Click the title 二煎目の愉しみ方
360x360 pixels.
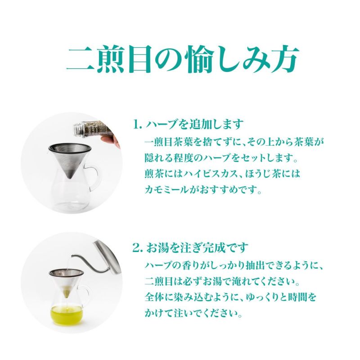point(183,59)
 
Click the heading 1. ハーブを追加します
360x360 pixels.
point(188,124)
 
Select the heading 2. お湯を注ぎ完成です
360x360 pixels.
point(190,247)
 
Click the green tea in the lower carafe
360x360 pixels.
point(66,314)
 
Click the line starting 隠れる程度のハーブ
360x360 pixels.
point(221,158)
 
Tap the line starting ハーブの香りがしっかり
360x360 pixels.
point(234,265)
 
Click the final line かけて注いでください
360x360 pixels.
point(193,313)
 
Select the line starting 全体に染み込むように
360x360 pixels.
point(230,297)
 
